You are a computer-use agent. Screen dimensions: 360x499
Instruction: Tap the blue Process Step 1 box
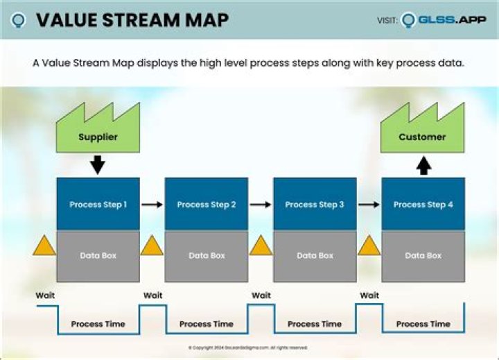[x=98, y=204]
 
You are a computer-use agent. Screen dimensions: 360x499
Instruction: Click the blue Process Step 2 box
[x=207, y=204]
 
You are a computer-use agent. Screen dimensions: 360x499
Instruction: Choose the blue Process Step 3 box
[x=315, y=204]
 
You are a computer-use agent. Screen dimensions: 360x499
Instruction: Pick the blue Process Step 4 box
[x=423, y=204]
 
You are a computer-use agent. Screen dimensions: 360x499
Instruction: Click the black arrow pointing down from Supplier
[x=98, y=164]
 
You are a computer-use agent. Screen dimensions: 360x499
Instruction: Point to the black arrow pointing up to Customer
[x=423, y=164]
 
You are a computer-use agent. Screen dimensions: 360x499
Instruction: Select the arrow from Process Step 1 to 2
[x=152, y=205]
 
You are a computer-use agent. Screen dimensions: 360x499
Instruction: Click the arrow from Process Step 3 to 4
[x=369, y=205]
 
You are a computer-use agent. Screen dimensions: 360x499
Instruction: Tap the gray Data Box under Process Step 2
[x=207, y=255]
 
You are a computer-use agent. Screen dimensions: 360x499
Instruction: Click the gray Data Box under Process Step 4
[x=423, y=255]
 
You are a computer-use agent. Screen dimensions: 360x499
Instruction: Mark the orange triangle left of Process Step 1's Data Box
[x=44, y=246]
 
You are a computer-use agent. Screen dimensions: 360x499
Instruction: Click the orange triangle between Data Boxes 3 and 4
[x=369, y=246]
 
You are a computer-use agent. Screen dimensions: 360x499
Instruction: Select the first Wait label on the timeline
[x=45, y=295]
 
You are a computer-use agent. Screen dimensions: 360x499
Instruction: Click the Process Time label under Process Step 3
[x=315, y=324]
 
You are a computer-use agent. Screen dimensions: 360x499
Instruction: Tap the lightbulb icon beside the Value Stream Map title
[x=19, y=20]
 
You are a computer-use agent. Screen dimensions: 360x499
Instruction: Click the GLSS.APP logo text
[x=451, y=20]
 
